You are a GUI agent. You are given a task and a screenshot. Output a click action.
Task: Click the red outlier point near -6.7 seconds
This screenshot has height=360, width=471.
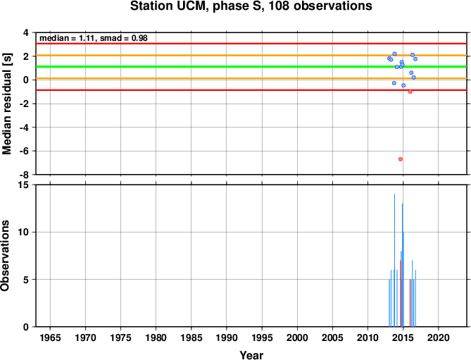click(x=401, y=159)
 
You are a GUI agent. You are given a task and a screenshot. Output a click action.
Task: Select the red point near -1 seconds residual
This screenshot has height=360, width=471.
click(x=410, y=92)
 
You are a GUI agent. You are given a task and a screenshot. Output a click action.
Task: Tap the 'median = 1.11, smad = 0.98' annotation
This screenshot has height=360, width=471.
click(x=94, y=38)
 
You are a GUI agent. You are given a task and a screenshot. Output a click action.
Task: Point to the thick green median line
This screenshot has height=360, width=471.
click(x=251, y=66)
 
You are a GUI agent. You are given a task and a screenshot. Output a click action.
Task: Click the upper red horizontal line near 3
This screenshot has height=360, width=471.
click(x=251, y=44)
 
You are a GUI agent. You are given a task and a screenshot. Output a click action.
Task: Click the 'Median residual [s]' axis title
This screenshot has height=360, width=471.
click(x=6, y=104)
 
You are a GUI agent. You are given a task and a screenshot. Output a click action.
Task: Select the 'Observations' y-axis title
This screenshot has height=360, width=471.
click(x=5, y=256)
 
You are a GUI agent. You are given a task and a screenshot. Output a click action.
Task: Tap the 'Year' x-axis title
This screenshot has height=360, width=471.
click(x=251, y=355)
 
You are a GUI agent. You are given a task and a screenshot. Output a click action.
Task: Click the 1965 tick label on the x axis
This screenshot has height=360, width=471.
click(x=50, y=337)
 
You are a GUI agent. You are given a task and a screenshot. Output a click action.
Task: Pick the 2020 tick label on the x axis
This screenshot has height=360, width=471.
click(x=439, y=337)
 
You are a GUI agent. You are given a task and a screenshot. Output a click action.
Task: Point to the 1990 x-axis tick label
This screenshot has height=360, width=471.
click(x=227, y=337)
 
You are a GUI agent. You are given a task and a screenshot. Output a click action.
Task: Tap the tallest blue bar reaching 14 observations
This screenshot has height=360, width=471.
click(x=394, y=260)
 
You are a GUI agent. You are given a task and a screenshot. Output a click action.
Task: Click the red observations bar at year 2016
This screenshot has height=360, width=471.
click(x=410, y=303)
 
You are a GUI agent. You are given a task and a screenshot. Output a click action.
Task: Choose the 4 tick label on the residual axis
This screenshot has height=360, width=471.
click(x=28, y=32)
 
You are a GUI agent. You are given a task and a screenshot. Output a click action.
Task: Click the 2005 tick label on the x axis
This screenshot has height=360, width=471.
click(x=332, y=337)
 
